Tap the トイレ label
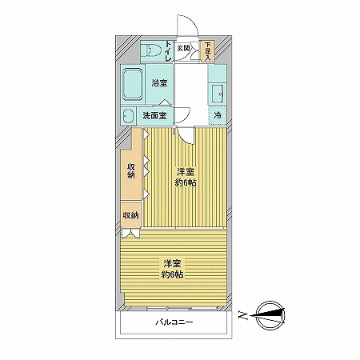click(x=169, y=52)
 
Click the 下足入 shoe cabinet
click(x=206, y=51)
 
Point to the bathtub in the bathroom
click(x=133, y=83)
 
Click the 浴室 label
click(x=158, y=83)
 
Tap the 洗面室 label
click(x=154, y=115)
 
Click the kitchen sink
click(x=217, y=94)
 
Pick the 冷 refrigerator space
click(x=218, y=116)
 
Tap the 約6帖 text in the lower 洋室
click(x=171, y=274)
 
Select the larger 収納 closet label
click(x=131, y=171)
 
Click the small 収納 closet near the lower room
click(x=130, y=215)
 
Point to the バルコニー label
click(x=174, y=322)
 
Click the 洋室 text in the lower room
click(x=171, y=263)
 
